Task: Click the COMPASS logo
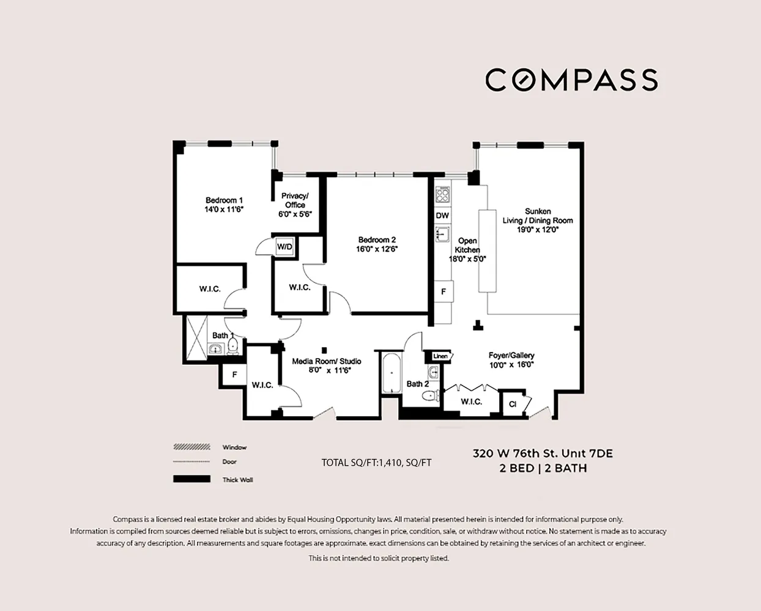(571, 80)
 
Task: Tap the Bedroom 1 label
(224, 200)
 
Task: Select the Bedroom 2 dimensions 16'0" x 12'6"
(377, 249)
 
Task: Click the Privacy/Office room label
(295, 200)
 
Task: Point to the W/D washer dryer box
(284, 246)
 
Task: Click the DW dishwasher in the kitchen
(442, 216)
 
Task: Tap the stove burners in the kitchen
(442, 196)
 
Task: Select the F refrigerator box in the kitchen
(444, 292)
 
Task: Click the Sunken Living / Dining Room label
(538, 216)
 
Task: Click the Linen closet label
(440, 356)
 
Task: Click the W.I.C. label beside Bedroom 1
(210, 289)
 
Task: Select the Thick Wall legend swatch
(191, 479)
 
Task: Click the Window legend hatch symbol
(191, 447)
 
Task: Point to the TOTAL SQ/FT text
(376, 463)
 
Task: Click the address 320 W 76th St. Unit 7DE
(542, 453)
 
